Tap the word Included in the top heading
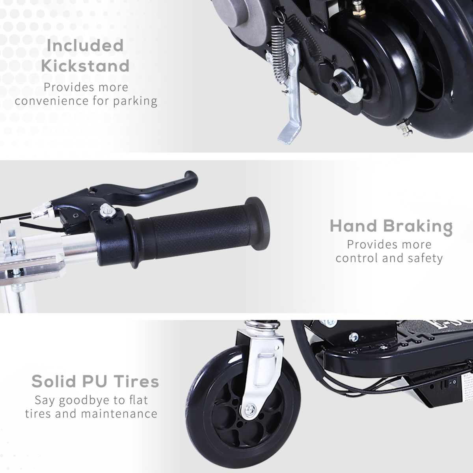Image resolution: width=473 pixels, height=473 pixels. pos(85,46)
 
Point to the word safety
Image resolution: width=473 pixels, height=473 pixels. pos(426,258)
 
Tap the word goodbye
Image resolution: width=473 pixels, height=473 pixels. pos(83,400)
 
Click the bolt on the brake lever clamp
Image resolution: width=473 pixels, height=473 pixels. pos(106,211)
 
